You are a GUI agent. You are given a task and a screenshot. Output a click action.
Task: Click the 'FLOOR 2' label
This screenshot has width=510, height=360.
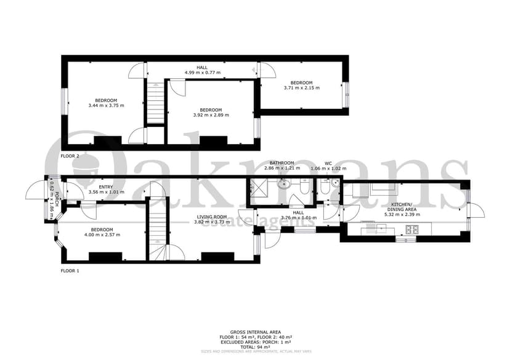[x=70, y=156]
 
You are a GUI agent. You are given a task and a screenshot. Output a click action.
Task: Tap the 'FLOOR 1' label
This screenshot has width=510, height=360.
[x=70, y=271]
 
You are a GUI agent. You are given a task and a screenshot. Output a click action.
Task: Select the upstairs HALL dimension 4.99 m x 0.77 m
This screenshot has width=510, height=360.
[x=202, y=73]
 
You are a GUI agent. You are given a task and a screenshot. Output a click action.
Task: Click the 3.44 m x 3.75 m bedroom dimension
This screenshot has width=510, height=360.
[x=106, y=105]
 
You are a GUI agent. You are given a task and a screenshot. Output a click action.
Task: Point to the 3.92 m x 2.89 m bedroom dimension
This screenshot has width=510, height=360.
[x=211, y=115]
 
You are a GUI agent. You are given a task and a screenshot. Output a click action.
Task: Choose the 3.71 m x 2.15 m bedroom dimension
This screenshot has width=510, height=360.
[x=301, y=88]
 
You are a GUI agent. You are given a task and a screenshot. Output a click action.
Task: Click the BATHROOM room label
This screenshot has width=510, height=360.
[x=281, y=162]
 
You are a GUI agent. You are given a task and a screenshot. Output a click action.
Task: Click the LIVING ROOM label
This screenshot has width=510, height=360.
[x=212, y=217]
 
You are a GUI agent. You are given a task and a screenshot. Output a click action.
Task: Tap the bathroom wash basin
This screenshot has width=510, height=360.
[x=284, y=183]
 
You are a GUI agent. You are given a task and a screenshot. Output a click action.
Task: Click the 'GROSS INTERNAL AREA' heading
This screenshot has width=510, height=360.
[x=255, y=331]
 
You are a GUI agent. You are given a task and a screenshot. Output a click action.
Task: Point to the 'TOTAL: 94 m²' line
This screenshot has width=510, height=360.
[x=255, y=346]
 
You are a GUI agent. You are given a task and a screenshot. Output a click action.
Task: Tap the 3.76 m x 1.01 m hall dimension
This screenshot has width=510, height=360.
[x=298, y=217]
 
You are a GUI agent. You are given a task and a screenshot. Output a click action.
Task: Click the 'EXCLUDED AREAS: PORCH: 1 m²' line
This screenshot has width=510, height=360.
[x=255, y=342]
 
